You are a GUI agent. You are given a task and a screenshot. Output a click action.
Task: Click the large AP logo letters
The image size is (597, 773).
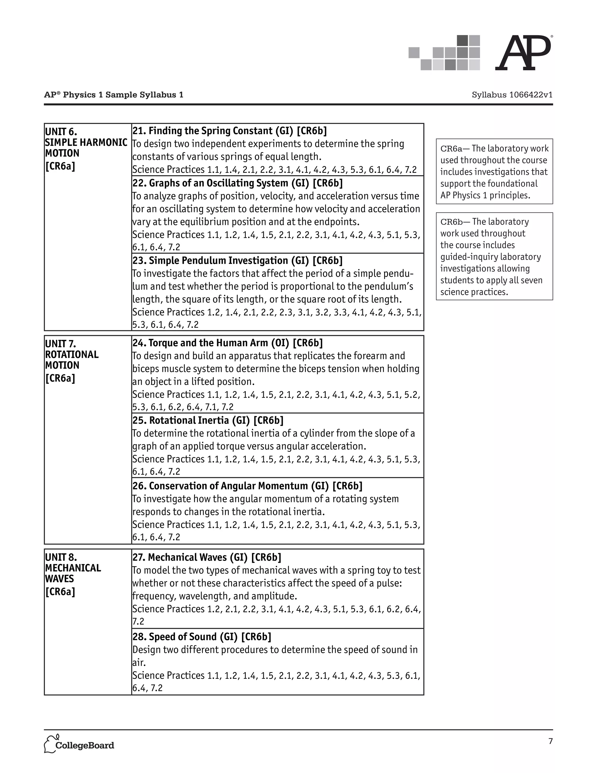point(523,53)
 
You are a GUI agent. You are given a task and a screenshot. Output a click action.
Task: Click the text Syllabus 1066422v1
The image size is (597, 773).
point(512,95)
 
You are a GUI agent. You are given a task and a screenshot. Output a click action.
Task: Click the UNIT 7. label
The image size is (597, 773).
point(60,344)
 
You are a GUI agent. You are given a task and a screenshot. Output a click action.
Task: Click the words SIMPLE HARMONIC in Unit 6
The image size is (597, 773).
point(86,142)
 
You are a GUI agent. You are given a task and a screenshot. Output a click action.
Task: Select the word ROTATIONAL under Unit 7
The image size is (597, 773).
point(72,355)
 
